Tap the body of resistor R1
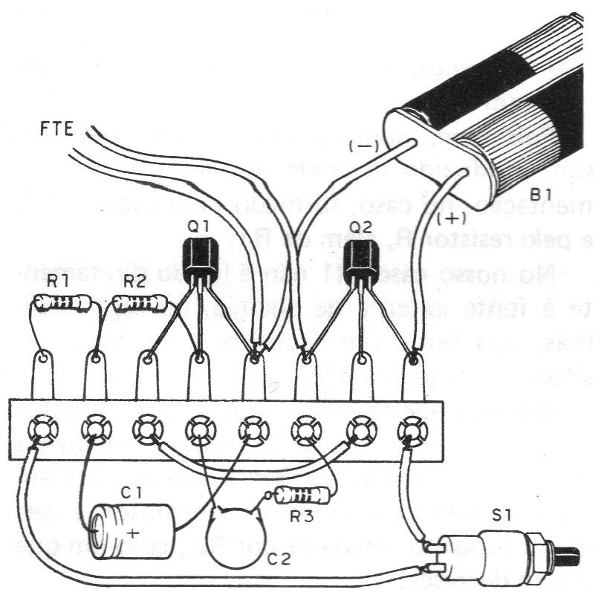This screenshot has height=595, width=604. (x=67, y=302)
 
